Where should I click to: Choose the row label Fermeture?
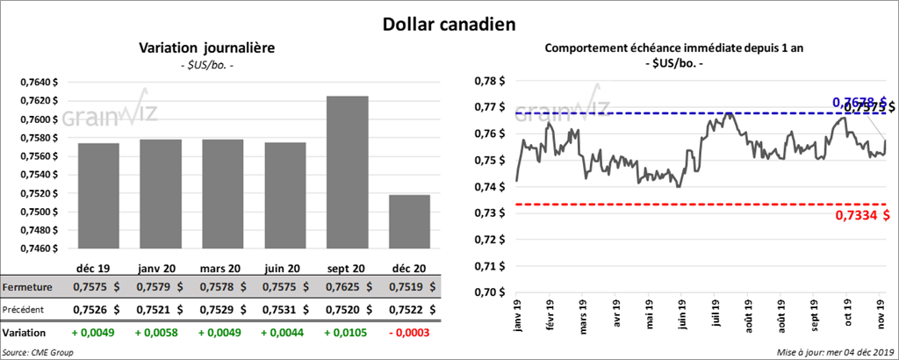pos(27,286)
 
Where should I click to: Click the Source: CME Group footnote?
pos(37,352)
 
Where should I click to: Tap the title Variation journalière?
pos(206,48)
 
